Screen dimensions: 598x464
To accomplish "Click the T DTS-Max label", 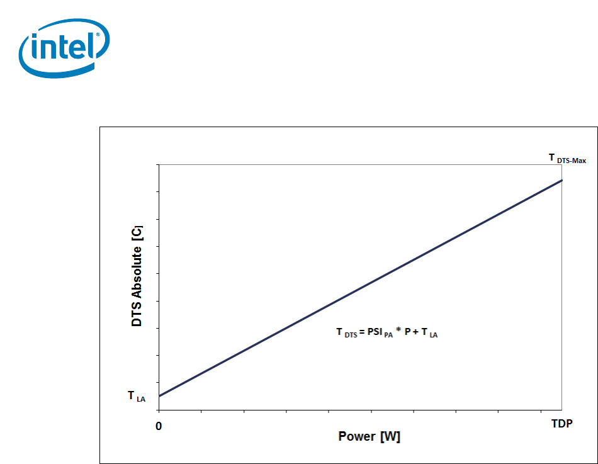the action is point(567,159).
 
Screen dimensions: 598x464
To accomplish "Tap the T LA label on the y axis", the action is point(137,397).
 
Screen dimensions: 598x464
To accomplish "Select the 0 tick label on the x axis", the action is point(159,426).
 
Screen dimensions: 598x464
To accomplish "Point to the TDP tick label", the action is point(561,424).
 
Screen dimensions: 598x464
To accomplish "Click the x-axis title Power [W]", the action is point(369,436).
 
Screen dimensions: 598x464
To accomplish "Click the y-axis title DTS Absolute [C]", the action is point(137,276).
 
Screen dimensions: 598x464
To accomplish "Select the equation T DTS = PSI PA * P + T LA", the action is point(386,332).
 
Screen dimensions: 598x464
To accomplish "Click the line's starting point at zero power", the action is point(159,396).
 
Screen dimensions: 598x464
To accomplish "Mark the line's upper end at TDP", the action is point(561,180).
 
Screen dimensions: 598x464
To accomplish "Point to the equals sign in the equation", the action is point(362,332).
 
